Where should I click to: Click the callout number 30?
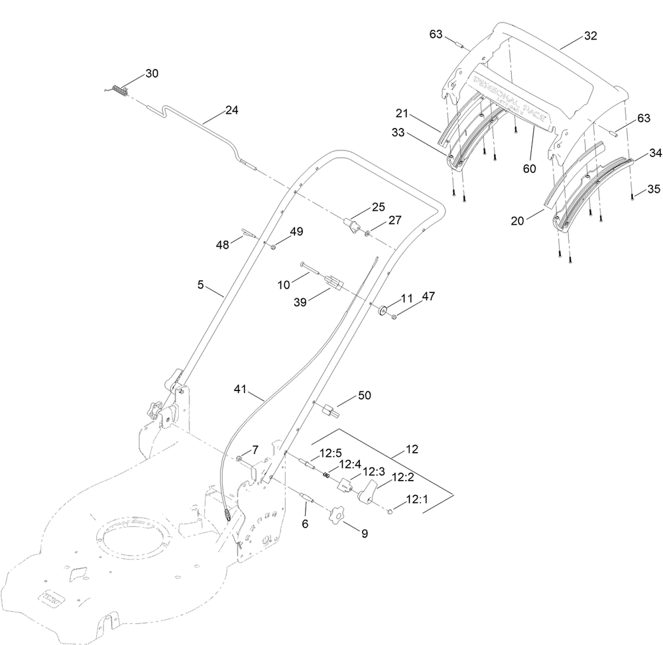152,74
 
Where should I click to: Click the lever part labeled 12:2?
369,491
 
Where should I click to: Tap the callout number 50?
364,396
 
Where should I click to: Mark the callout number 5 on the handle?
200,285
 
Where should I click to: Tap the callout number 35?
653,189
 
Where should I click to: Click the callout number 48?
222,245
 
